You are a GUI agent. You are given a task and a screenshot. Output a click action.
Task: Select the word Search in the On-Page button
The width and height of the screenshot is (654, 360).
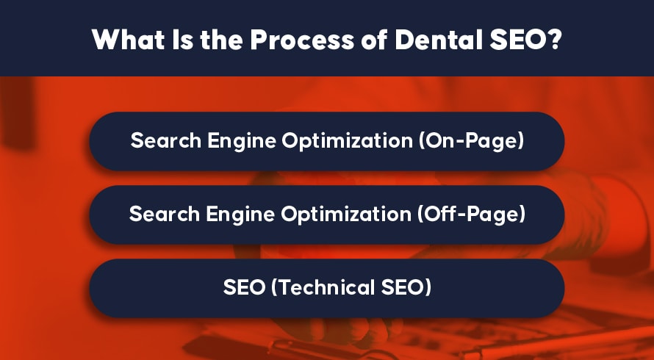[x=166, y=140]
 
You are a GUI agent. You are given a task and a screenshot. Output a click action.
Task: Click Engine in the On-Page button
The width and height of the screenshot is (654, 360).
[x=242, y=141]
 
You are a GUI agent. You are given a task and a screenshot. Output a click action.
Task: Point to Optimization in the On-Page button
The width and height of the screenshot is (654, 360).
[x=347, y=141]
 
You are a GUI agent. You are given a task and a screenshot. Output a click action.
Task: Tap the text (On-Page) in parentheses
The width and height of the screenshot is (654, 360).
[x=471, y=141]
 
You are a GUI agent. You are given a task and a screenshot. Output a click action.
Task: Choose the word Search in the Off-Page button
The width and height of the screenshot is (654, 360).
[x=165, y=214]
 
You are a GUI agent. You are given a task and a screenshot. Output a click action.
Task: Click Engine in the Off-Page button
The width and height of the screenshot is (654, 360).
[x=241, y=215]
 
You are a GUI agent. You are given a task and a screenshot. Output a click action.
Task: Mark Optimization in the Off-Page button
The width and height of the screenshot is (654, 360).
[x=346, y=215]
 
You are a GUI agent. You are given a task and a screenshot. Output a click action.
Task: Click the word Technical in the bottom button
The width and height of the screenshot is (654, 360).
[x=322, y=287]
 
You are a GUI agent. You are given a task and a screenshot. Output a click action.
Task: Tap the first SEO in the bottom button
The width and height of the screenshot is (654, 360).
[x=245, y=287]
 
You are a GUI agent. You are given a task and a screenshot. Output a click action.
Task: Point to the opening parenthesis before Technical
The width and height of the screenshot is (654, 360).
[x=274, y=287]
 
